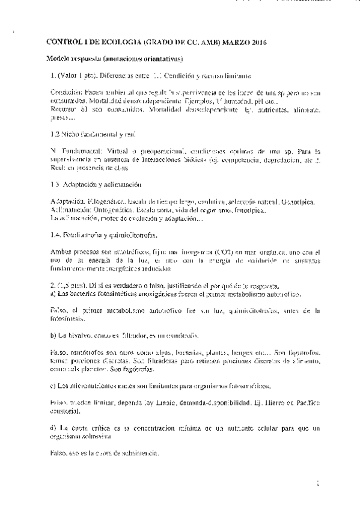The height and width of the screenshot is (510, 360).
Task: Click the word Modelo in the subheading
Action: pos(60,59)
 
